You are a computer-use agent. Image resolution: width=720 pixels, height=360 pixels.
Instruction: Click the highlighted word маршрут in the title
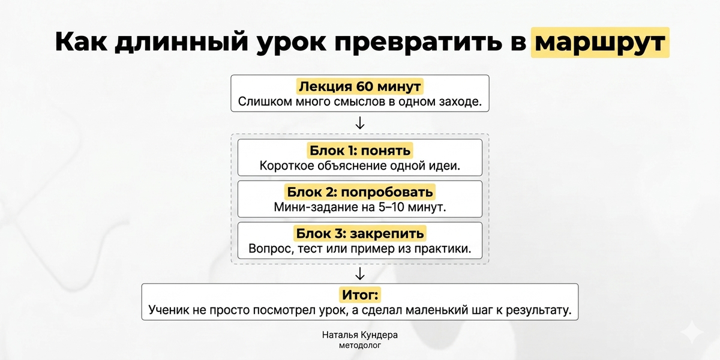coord(600,43)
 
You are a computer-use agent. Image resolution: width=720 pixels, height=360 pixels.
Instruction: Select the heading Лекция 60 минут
coord(359,86)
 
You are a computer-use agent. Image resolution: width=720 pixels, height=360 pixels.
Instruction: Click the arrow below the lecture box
coord(359,123)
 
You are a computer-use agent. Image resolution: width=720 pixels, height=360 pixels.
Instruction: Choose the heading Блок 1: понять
coord(359,151)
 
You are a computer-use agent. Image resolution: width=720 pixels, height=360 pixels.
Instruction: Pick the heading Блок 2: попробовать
coord(359,192)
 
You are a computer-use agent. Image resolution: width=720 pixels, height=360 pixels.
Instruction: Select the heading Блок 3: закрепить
coord(359,233)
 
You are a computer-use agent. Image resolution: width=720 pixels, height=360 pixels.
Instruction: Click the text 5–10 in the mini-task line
coord(391,207)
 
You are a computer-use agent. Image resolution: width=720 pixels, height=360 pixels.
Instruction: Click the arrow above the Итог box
coord(359,274)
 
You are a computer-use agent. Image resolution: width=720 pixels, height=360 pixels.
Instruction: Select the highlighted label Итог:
coord(359,295)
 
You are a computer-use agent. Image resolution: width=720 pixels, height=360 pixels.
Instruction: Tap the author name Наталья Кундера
coord(359,335)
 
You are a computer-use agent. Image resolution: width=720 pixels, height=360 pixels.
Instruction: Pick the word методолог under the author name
coord(359,346)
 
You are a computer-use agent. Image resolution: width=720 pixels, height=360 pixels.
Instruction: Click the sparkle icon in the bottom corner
coord(692,332)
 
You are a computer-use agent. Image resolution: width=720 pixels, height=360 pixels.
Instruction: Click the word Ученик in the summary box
coord(169,310)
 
